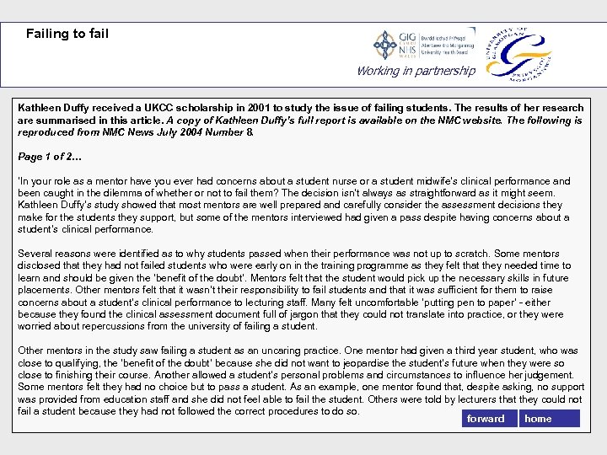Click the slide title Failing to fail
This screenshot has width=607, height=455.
67,34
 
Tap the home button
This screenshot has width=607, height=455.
548,419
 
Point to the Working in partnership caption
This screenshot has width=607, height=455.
416,71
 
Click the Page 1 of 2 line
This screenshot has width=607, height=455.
50,157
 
